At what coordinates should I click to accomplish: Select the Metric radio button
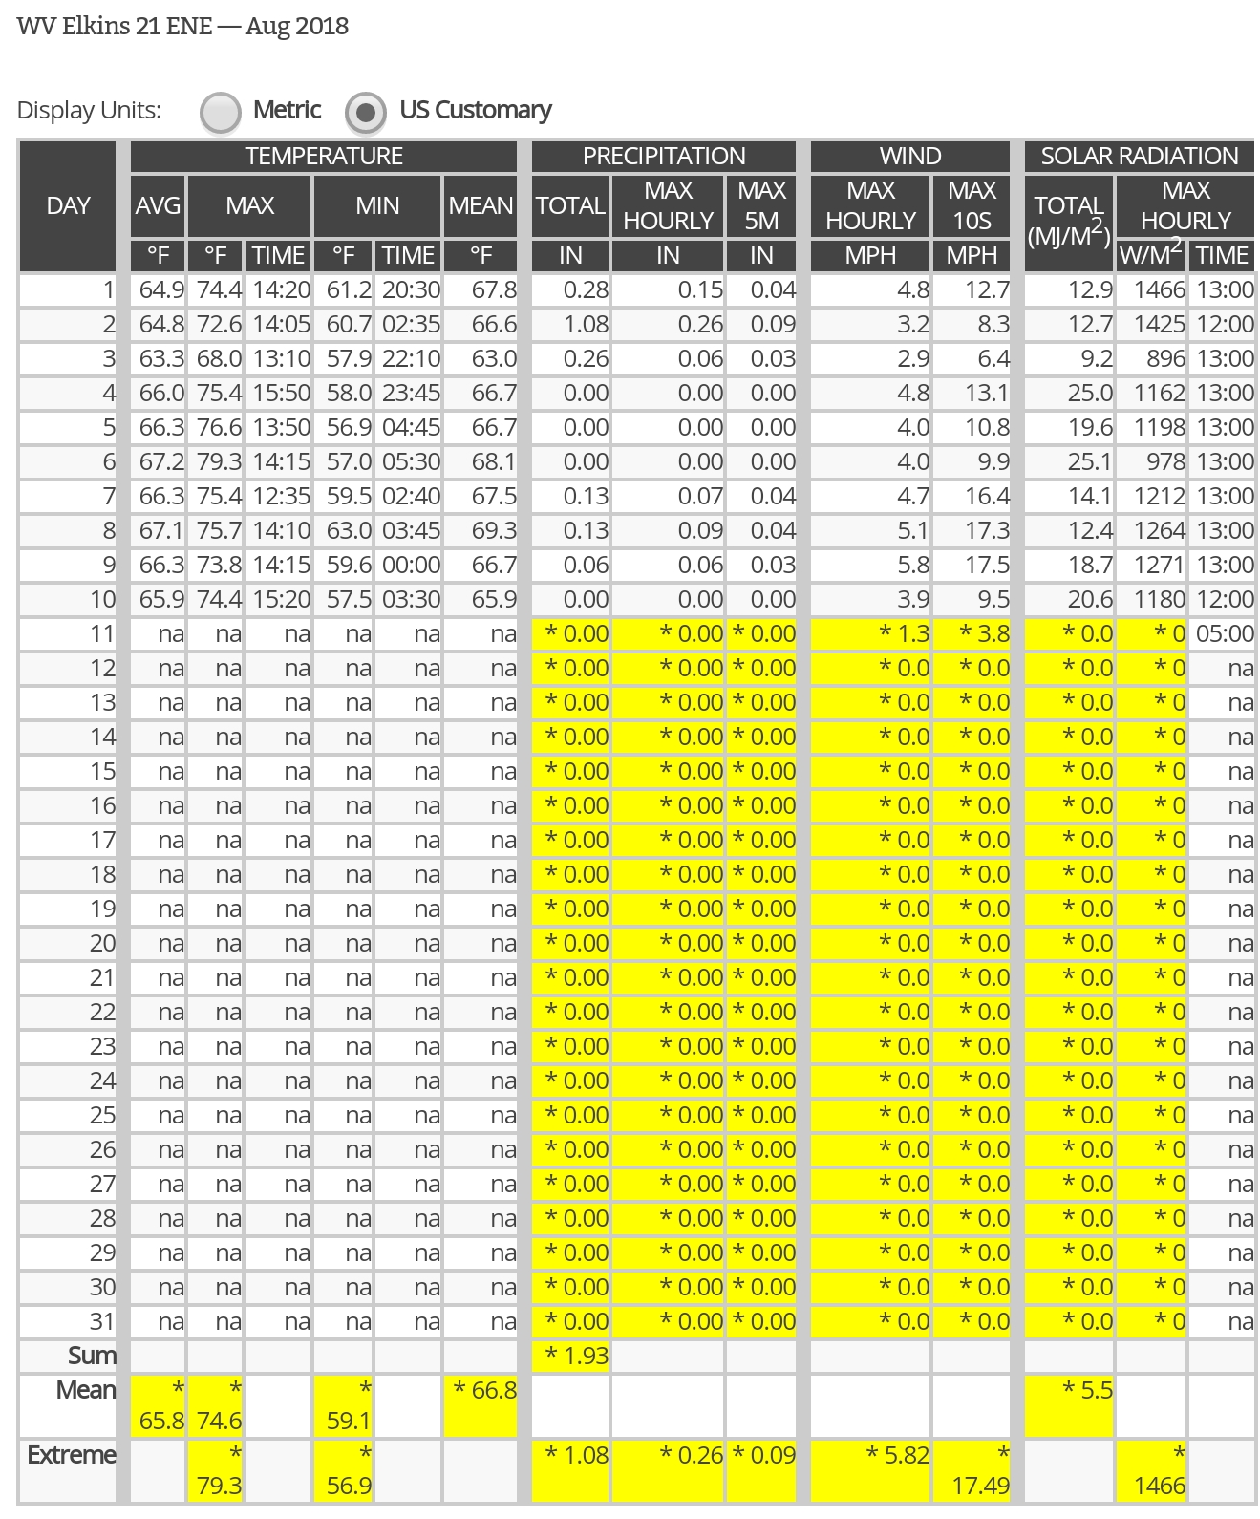pos(221,112)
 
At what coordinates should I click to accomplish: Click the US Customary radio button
pos(366,112)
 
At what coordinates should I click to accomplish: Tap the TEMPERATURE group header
pos(324,156)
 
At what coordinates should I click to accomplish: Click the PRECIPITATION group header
pos(664,156)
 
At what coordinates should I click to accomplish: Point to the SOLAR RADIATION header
pos(1139,156)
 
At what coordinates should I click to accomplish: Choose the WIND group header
pos(910,156)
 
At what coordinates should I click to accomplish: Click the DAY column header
pos(68,205)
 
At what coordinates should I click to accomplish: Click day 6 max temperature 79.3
pos(219,462)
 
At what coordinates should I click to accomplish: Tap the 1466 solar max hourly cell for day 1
pos(1159,290)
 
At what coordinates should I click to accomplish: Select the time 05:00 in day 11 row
pos(1224,634)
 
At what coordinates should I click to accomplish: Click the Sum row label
pos(92,1357)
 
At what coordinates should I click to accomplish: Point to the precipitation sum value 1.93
pos(576,1357)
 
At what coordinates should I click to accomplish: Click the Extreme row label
pos(72,1455)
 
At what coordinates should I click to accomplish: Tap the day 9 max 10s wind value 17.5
pos(987,566)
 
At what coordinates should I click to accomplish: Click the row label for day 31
pos(101,1322)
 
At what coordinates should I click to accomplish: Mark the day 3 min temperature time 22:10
pos(411,359)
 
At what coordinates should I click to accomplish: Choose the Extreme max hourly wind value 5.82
pos(897,1455)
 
